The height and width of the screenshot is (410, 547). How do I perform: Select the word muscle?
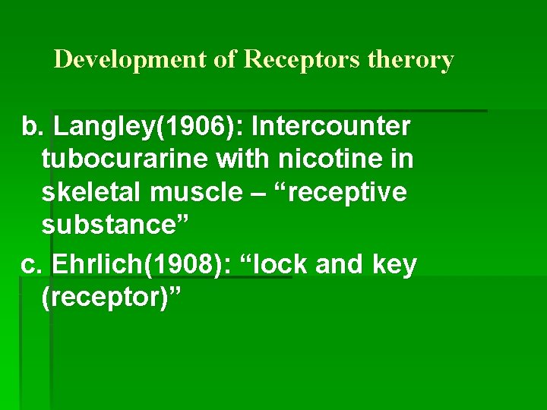pos(194,192)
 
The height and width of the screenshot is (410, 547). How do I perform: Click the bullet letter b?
pos(30,126)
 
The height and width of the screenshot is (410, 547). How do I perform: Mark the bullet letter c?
pos(30,265)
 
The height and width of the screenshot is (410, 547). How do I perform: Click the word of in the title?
pos(226,59)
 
